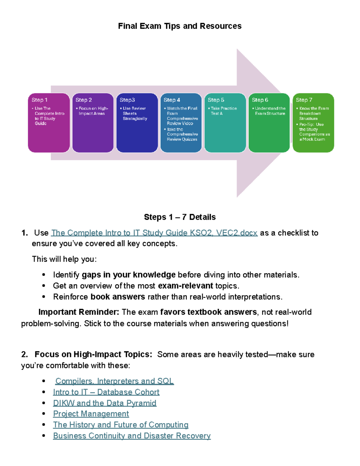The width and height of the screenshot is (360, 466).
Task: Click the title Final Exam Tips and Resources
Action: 180,26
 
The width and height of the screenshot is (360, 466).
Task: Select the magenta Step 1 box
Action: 49,123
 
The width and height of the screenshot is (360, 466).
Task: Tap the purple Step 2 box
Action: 93,123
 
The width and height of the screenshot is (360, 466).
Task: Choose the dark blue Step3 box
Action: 137,123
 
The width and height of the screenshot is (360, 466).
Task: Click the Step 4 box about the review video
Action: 181,123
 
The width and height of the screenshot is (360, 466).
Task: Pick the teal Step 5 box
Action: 225,123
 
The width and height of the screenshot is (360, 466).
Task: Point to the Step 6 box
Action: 269,123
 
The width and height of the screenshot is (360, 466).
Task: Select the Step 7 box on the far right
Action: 313,123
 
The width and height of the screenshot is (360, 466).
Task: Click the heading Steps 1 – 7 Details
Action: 180,217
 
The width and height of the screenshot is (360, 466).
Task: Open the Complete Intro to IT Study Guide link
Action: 154,233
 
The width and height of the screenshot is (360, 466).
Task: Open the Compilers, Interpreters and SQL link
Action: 114,381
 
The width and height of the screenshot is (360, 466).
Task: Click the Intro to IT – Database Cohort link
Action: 106,392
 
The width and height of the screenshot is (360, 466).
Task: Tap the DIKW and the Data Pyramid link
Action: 105,403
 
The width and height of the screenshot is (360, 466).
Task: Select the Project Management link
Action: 91,414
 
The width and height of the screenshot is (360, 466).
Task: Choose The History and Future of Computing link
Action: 121,425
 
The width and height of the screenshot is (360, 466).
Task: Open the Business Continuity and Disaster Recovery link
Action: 132,436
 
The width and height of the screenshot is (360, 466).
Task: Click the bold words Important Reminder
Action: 79,312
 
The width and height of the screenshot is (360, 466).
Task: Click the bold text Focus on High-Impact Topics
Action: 93,354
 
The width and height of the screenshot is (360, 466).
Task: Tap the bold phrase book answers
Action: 118,297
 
